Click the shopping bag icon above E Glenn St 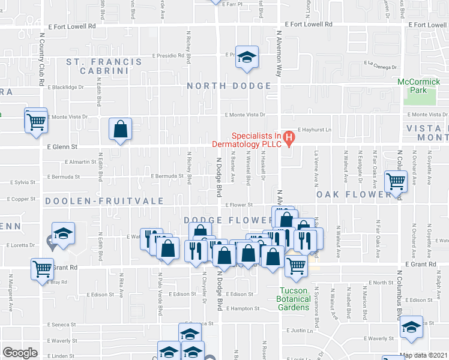pyautogui.click(x=120, y=128)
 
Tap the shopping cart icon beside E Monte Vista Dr pyautogui.click(x=36, y=121)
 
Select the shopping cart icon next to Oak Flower pyautogui.click(x=396, y=181)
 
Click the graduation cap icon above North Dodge pyautogui.click(x=245, y=58)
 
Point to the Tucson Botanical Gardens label pyautogui.click(x=294, y=299)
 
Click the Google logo pyautogui.click(x=20, y=353)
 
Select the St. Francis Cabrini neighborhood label pyautogui.click(x=104, y=66)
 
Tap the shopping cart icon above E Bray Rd pyautogui.click(x=43, y=269)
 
